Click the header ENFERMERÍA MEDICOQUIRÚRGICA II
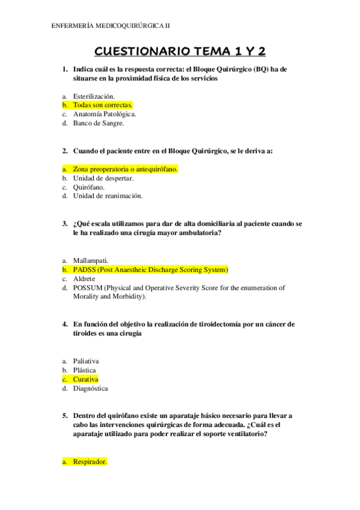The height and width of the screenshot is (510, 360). coord(111,25)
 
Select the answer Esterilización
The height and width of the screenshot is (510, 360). coord(94,96)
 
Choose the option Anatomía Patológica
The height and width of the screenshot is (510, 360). coord(105,114)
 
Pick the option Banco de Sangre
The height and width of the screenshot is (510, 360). coord(98,123)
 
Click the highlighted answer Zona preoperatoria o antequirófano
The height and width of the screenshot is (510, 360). coord(125,169)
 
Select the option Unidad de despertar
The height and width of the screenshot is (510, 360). coord(103,178)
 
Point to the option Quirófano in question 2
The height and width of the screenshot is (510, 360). coord(89,187)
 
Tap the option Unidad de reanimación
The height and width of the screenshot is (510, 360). coord(108,196)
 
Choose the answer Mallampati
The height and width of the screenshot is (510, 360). coord(91,260)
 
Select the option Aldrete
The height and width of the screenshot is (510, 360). coord(84,278)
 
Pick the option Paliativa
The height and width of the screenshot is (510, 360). coord(86,361)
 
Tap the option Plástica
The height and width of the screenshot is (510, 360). coord(84,370)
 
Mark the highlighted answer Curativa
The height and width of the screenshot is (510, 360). coord(85,379)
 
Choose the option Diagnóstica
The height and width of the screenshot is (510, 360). coord(91,389)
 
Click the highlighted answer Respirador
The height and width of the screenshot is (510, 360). coord(90,462)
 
